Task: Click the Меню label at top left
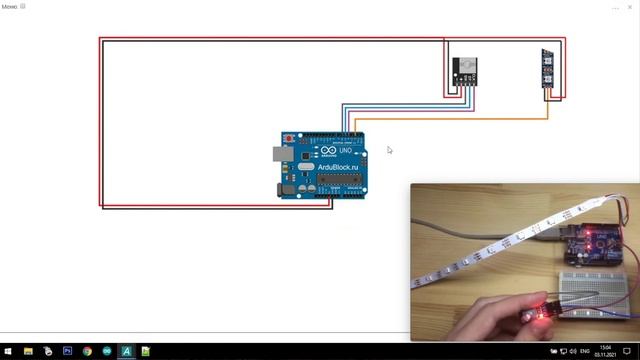[10, 6]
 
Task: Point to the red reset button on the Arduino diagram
[288, 137]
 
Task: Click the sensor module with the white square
[463, 69]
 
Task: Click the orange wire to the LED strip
[450, 119]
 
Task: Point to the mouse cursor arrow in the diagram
[389, 150]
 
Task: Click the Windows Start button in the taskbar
[8, 352]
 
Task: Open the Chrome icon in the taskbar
[87, 352]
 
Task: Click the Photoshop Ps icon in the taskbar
[67, 352]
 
